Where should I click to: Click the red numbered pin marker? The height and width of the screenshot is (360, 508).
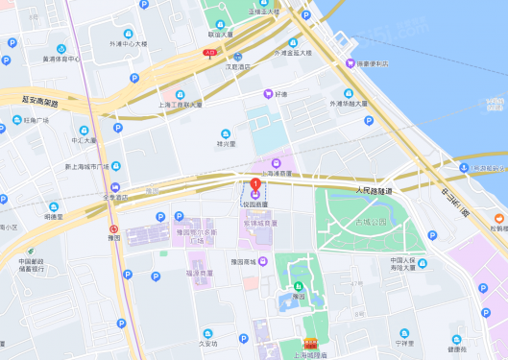pyautogui.click(x=255, y=184)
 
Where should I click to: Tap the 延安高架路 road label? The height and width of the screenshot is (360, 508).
pyautogui.click(x=40, y=101)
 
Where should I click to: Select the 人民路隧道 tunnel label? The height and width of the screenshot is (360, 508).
pyautogui.click(x=374, y=192)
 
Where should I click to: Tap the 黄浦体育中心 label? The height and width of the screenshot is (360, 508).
pyautogui.click(x=60, y=60)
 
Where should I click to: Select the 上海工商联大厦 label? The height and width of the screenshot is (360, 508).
pyautogui.click(x=180, y=104)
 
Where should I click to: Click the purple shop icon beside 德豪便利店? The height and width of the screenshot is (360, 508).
pyautogui.click(x=351, y=63)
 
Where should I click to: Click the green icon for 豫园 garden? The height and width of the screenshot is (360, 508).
pyautogui.click(x=298, y=284)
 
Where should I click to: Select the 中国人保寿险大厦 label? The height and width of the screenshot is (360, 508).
pyautogui.click(x=407, y=265)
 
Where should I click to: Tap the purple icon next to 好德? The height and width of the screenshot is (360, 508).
pyautogui.click(x=268, y=94)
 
